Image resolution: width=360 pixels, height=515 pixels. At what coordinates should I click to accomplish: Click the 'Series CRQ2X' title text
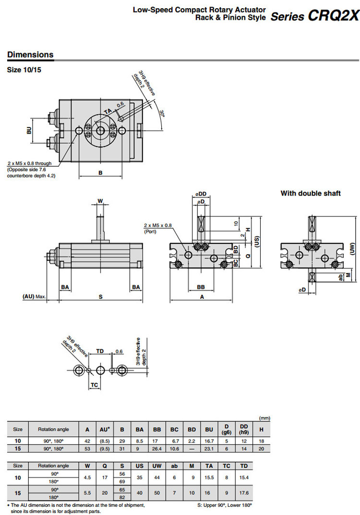(315, 16)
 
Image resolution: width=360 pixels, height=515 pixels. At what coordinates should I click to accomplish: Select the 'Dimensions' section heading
(30, 54)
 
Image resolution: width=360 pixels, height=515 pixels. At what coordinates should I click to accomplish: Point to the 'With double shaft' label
(311, 193)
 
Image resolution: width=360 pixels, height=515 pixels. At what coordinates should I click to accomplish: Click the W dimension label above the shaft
(100, 201)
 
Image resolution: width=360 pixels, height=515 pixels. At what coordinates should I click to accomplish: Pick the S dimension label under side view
(101, 297)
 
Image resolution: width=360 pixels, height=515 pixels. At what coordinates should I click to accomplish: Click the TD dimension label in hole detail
(100, 351)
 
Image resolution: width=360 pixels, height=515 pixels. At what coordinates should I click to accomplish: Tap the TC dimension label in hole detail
(95, 385)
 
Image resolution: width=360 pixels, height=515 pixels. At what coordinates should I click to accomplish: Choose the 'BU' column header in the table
(209, 429)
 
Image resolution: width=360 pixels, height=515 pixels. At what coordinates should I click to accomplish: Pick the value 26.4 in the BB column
(156, 449)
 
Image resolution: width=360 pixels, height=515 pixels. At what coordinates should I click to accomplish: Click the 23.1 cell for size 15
(209, 449)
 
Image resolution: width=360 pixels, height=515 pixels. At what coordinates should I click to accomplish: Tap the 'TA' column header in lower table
(208, 466)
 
